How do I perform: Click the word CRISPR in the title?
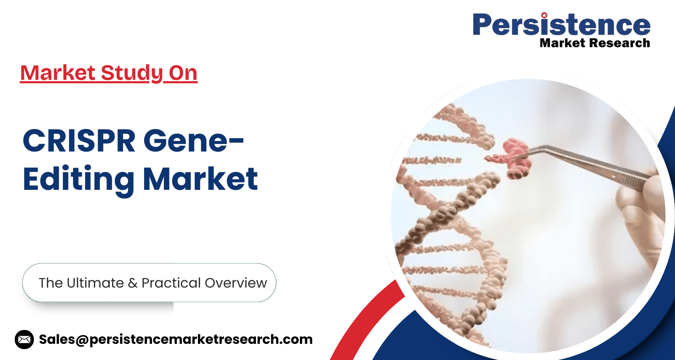pyautogui.click(x=79, y=141)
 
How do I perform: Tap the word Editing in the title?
pyautogui.click(x=78, y=179)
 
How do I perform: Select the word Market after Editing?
pyautogui.click(x=200, y=179)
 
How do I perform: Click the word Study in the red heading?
pyautogui.click(x=132, y=73)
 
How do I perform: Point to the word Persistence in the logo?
pyautogui.click(x=561, y=25)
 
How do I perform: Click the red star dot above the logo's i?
pyautogui.click(x=544, y=15)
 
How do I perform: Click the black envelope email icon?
pyautogui.click(x=24, y=339)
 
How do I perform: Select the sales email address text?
pyautogui.click(x=176, y=339)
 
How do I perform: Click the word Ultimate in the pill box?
pyautogui.click(x=95, y=283)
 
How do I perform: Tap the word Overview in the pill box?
pyautogui.click(x=236, y=283)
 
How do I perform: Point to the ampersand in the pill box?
pyautogui.click(x=133, y=283)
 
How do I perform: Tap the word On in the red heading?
pyautogui.click(x=183, y=73)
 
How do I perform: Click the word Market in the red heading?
pyautogui.click(x=58, y=73)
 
